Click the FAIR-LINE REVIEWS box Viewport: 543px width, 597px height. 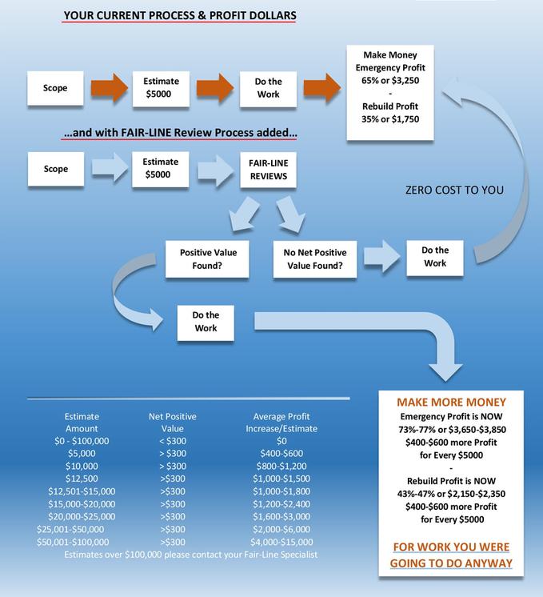(268, 170)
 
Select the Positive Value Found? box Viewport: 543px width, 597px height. (207, 259)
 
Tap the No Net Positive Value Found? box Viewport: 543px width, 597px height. (315, 259)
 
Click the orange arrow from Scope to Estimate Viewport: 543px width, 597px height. (110, 88)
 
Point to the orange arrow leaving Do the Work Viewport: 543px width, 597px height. (322, 88)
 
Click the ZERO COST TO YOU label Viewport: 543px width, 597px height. (454, 190)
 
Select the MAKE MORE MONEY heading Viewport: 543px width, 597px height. (451, 402)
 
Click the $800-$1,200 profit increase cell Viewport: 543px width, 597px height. (281, 466)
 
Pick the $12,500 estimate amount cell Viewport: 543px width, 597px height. (82, 479)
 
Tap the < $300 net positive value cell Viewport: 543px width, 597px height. (173, 441)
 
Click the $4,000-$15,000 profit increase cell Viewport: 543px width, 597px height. (281, 542)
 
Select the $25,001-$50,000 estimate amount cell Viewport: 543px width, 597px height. (70, 529)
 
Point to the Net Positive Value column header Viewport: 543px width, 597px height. (173, 423)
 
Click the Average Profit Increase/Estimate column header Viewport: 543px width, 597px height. (281, 423)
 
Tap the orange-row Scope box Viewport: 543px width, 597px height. (55, 88)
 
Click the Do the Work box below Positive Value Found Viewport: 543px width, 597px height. (206, 322)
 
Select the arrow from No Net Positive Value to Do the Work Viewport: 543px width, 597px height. (381, 256)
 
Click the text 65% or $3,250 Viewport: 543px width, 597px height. (390, 80)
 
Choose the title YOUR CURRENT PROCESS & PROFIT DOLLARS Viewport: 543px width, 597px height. (180, 16)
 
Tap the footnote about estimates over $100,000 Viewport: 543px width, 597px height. (190, 555)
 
